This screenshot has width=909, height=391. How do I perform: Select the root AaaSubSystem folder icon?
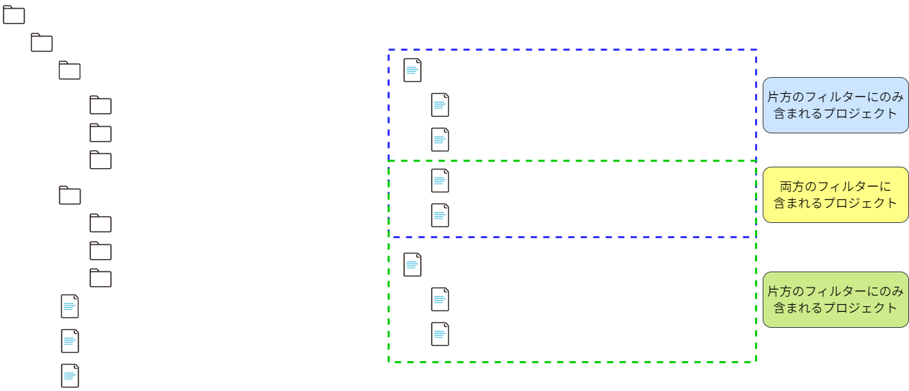click(15, 16)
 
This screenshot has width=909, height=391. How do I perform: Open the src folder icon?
click(69, 72)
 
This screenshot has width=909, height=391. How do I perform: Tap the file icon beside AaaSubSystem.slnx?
click(69, 307)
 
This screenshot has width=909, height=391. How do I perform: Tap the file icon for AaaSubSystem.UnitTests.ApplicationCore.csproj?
click(440, 216)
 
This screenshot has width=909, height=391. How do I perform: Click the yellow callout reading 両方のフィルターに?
click(835, 195)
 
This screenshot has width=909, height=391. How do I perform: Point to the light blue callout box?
click(835, 106)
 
